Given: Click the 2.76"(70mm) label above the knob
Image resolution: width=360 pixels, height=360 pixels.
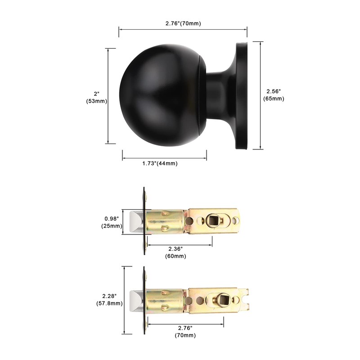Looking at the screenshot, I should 182,23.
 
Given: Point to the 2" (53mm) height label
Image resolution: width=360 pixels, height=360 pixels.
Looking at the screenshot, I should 96,98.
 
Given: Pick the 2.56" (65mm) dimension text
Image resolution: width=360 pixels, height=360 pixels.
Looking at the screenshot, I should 273,95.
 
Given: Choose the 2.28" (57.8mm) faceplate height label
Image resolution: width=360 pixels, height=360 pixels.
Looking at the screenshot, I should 110,300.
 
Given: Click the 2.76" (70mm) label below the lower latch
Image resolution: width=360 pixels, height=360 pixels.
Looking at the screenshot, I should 185,332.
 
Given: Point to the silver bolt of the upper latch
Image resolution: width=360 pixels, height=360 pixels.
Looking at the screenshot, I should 135,222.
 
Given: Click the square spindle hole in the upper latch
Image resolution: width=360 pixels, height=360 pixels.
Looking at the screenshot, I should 213,221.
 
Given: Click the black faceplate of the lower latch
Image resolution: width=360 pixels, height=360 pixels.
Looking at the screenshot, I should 144,301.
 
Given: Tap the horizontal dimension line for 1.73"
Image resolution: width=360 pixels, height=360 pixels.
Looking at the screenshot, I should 164,158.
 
